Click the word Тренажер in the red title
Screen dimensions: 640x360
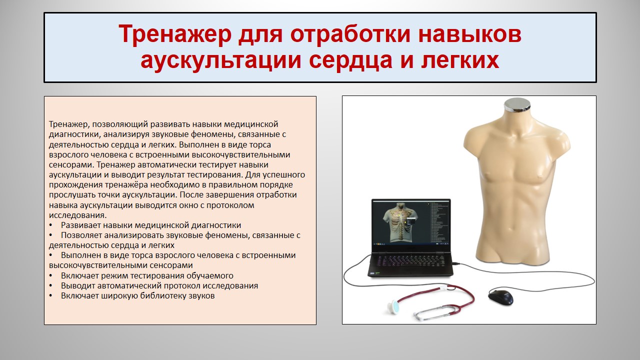click(x=175, y=33)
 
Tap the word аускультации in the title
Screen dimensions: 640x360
click(x=221, y=60)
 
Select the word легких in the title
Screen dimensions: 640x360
click(x=460, y=60)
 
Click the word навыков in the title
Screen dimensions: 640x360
click(x=470, y=33)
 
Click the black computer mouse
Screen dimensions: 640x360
click(x=500, y=296)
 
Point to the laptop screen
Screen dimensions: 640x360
click(x=411, y=223)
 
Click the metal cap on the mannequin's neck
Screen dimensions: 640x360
click(x=517, y=105)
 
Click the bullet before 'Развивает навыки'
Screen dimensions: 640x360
click(x=50, y=225)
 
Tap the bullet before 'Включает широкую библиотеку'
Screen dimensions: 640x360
click(x=50, y=296)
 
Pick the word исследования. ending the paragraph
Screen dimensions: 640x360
click(x=77, y=215)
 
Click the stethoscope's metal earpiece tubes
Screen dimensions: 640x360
click(x=437, y=312)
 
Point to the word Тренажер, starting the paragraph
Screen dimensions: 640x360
click(x=68, y=124)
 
